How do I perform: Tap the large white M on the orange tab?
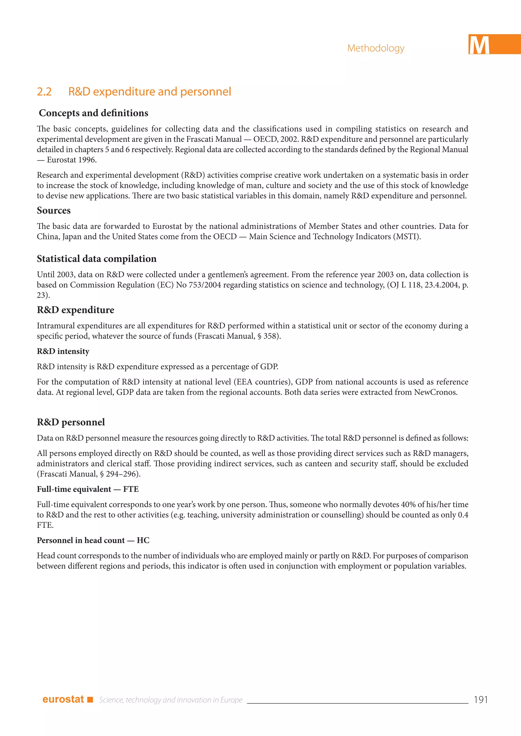pos(479,45)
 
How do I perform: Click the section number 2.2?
pos(44,92)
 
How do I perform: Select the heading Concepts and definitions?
pos(93,113)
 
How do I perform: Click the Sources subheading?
pos(54,211)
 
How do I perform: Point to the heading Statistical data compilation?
pos(97,259)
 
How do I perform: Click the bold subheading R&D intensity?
pos(63,351)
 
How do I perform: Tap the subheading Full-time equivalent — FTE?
pos(88,489)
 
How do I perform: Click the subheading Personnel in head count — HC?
pos(93,541)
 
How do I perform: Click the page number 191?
pos(481,700)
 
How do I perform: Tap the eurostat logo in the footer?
pos(63,699)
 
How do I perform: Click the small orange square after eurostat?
pos(90,699)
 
